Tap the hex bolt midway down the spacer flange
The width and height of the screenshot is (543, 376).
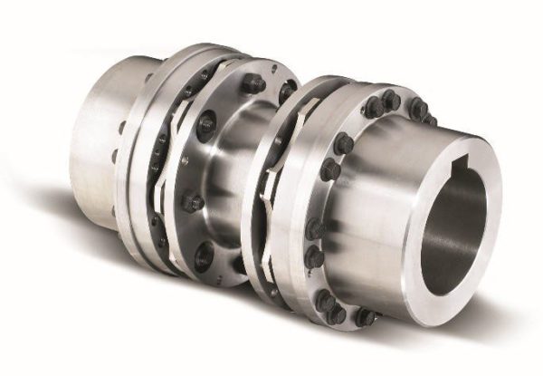point(192,202)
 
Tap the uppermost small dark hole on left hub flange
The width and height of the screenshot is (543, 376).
point(120,128)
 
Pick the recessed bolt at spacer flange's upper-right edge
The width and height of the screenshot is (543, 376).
point(288,91)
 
